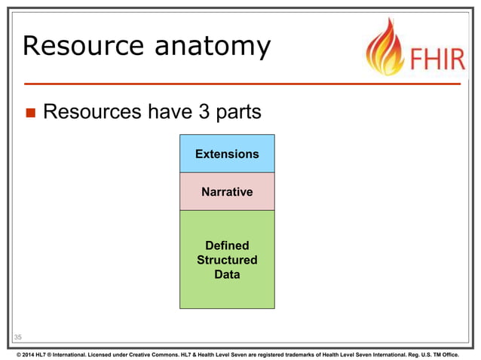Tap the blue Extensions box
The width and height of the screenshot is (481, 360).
click(x=227, y=154)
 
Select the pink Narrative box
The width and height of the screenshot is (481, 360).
click(x=227, y=192)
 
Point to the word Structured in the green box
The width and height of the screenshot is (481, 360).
click(x=227, y=260)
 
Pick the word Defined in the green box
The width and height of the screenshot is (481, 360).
click(x=227, y=246)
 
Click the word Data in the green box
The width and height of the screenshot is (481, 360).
click(x=227, y=274)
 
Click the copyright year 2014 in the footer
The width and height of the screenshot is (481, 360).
click(x=29, y=352)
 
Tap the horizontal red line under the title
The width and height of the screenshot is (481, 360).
click(x=241, y=83)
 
